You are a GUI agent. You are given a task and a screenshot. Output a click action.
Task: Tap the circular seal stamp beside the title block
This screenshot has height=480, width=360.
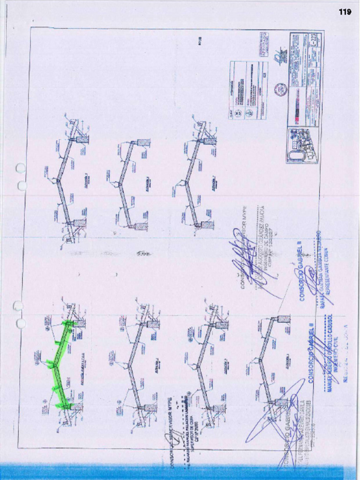280,90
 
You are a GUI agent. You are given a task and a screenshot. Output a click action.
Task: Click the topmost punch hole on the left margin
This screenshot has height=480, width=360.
20,168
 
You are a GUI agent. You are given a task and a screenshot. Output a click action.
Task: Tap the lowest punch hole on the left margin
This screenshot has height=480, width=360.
21,323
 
